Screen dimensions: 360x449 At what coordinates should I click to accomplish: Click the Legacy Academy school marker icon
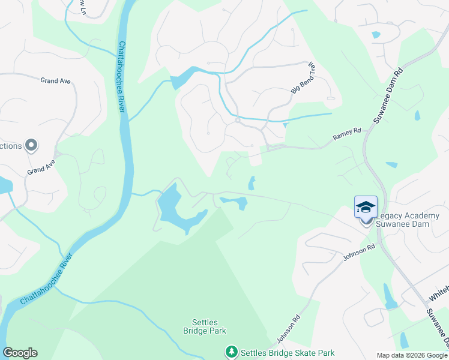[366, 208]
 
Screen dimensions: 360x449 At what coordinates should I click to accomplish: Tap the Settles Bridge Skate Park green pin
[232, 352]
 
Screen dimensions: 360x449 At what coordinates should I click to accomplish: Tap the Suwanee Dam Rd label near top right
[388, 96]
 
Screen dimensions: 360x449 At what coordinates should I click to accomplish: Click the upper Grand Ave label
[56, 80]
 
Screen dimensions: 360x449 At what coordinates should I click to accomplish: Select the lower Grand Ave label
[41, 167]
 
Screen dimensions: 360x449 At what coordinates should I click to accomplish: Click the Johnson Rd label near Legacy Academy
[359, 252]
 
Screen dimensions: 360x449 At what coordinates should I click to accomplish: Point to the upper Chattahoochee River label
[122, 76]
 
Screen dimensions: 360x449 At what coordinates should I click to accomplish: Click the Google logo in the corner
[20, 353]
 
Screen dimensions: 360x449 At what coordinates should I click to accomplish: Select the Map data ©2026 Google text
[411, 355]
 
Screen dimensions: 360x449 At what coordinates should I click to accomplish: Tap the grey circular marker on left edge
[32, 146]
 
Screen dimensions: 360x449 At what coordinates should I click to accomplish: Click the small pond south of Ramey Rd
[252, 183]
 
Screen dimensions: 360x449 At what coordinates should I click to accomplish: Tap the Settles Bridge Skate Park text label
[288, 353]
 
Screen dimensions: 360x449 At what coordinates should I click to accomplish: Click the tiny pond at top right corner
[376, 34]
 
